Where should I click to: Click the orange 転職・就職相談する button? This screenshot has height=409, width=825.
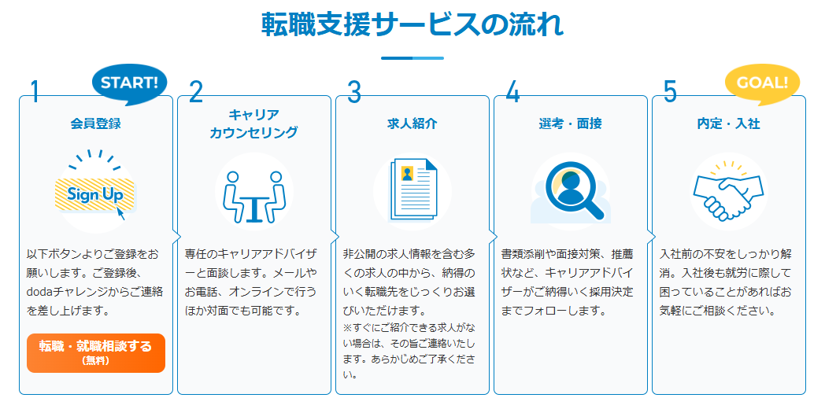[96, 352]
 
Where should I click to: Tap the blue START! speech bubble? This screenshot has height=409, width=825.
[129, 84]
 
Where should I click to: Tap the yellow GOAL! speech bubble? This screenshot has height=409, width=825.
[762, 84]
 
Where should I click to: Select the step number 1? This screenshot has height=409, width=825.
[35, 92]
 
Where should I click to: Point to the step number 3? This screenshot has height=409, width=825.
[354, 92]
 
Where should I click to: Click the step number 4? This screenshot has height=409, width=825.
[512, 92]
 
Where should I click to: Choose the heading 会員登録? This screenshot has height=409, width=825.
[96, 124]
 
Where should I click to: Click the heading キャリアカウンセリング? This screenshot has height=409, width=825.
[253, 124]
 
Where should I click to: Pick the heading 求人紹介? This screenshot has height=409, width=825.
[412, 124]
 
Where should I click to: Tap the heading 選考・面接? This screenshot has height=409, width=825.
[571, 124]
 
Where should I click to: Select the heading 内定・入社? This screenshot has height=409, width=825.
[729, 124]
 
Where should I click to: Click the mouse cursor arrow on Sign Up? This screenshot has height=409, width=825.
[120, 213]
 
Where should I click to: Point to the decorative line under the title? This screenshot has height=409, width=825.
[412, 58]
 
